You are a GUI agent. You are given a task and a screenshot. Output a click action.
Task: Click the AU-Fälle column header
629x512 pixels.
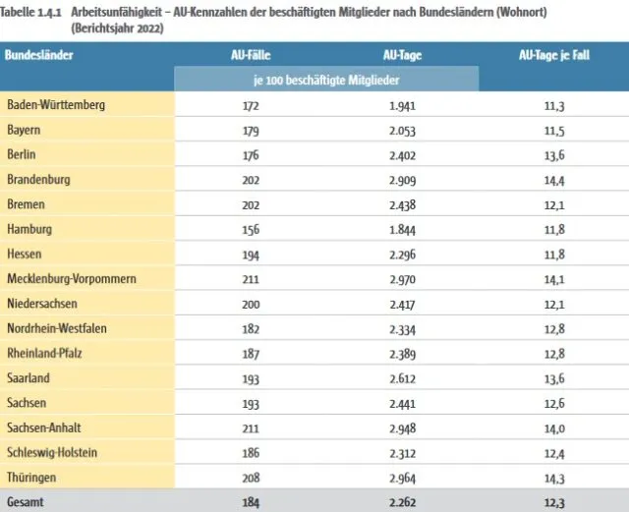click(x=251, y=55)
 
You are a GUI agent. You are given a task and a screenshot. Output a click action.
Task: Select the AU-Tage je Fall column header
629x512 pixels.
click(x=554, y=55)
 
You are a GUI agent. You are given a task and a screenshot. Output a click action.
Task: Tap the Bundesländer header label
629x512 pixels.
click(x=39, y=55)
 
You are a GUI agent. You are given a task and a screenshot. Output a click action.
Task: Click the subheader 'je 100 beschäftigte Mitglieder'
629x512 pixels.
click(x=326, y=80)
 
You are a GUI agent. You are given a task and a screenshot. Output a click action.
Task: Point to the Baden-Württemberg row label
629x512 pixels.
click(x=56, y=105)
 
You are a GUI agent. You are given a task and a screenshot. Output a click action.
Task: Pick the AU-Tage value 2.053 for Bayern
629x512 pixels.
click(x=402, y=131)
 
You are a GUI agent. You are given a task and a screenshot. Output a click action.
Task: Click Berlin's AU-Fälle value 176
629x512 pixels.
click(x=251, y=155)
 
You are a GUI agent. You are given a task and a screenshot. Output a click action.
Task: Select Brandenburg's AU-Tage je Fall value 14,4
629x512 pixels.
click(x=554, y=180)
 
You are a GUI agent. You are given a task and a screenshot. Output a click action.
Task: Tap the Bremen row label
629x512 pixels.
click(x=27, y=204)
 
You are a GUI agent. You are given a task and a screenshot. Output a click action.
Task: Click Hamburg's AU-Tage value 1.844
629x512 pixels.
click(x=402, y=230)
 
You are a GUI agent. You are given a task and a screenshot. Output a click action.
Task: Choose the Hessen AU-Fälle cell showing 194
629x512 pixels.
click(x=251, y=255)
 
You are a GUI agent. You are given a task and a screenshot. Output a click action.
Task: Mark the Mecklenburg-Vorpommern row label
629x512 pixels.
click(x=72, y=278)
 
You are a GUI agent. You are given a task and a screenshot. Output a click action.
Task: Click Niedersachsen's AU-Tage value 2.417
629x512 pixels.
click(x=402, y=304)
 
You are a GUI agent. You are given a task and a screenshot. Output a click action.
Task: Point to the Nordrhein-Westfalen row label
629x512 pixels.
click(x=57, y=328)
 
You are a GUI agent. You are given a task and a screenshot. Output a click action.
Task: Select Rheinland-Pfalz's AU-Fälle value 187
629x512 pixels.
click(x=251, y=354)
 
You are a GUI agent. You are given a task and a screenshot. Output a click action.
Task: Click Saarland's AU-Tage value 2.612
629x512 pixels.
click(x=402, y=378)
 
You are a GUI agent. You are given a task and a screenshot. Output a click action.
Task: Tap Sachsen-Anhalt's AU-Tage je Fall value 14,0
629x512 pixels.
click(x=554, y=428)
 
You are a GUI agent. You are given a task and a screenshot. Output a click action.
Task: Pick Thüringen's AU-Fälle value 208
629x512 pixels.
click(x=251, y=478)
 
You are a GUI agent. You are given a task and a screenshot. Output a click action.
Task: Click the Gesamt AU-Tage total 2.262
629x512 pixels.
click(x=402, y=502)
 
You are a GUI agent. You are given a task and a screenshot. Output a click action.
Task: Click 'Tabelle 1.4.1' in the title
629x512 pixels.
click(x=30, y=12)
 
